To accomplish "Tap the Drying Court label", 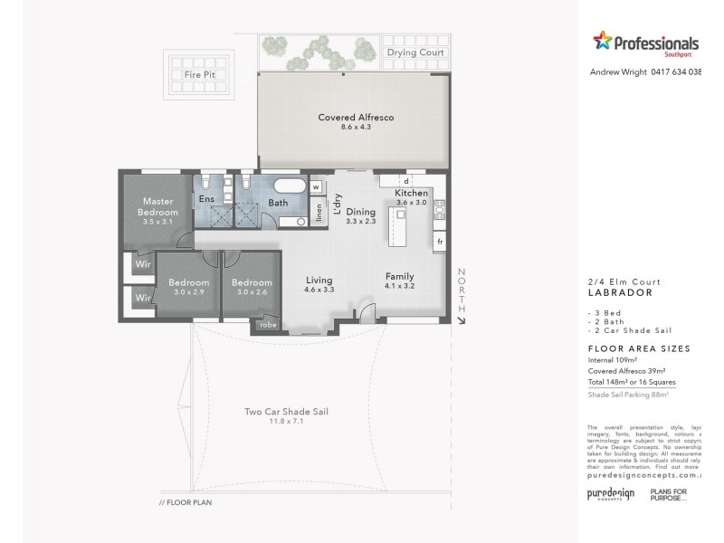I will [x=415, y=52].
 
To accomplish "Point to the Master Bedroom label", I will [x=158, y=206].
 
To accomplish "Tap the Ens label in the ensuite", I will [x=206, y=198].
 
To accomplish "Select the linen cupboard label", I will [x=319, y=212].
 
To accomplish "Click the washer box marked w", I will [x=317, y=187].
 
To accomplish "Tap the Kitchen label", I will [x=412, y=194].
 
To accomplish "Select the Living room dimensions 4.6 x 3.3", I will [x=319, y=291].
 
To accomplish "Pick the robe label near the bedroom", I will [x=268, y=324].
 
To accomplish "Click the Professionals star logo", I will [x=602, y=41].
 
